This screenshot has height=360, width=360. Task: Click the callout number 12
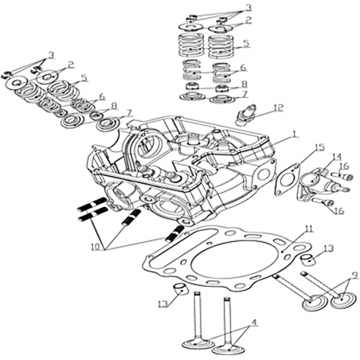[x=279, y=108]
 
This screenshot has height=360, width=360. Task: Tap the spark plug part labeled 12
[x=246, y=115]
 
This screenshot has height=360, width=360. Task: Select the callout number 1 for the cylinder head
[x=294, y=134]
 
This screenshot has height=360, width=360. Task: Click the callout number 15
[x=320, y=147]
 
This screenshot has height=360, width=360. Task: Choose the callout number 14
[x=336, y=156]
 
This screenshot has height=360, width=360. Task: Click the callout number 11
[x=309, y=229]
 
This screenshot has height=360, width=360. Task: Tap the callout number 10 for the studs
[x=96, y=246]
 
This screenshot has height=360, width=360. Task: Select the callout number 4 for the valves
[x=254, y=323]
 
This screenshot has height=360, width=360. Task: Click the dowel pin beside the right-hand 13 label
[x=307, y=259]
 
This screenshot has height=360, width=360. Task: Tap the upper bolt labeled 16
[x=342, y=176]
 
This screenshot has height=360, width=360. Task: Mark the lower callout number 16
[x=339, y=211]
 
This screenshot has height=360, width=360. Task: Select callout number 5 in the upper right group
[x=247, y=43]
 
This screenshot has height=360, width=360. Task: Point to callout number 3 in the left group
[x=51, y=55]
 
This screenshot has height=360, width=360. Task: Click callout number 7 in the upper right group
[x=245, y=95]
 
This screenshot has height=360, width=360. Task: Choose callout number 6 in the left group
[x=102, y=97]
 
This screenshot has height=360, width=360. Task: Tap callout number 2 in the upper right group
[x=248, y=20]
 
